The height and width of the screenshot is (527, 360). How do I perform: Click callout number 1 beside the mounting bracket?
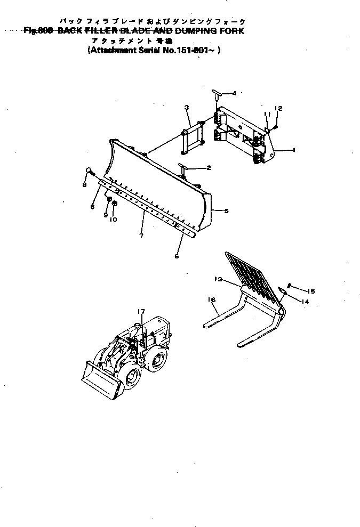click(294, 151)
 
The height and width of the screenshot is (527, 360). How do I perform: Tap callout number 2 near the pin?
click(209, 168)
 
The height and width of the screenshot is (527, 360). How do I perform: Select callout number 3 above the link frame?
click(187, 108)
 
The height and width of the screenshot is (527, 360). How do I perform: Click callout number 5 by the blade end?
click(226, 212)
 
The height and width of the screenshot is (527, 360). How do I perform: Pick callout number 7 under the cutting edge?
click(141, 235)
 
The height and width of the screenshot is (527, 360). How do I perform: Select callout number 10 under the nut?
click(113, 218)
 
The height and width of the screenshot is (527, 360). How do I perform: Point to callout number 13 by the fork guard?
click(218, 279)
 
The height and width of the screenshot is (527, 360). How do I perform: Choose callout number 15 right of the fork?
click(311, 291)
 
